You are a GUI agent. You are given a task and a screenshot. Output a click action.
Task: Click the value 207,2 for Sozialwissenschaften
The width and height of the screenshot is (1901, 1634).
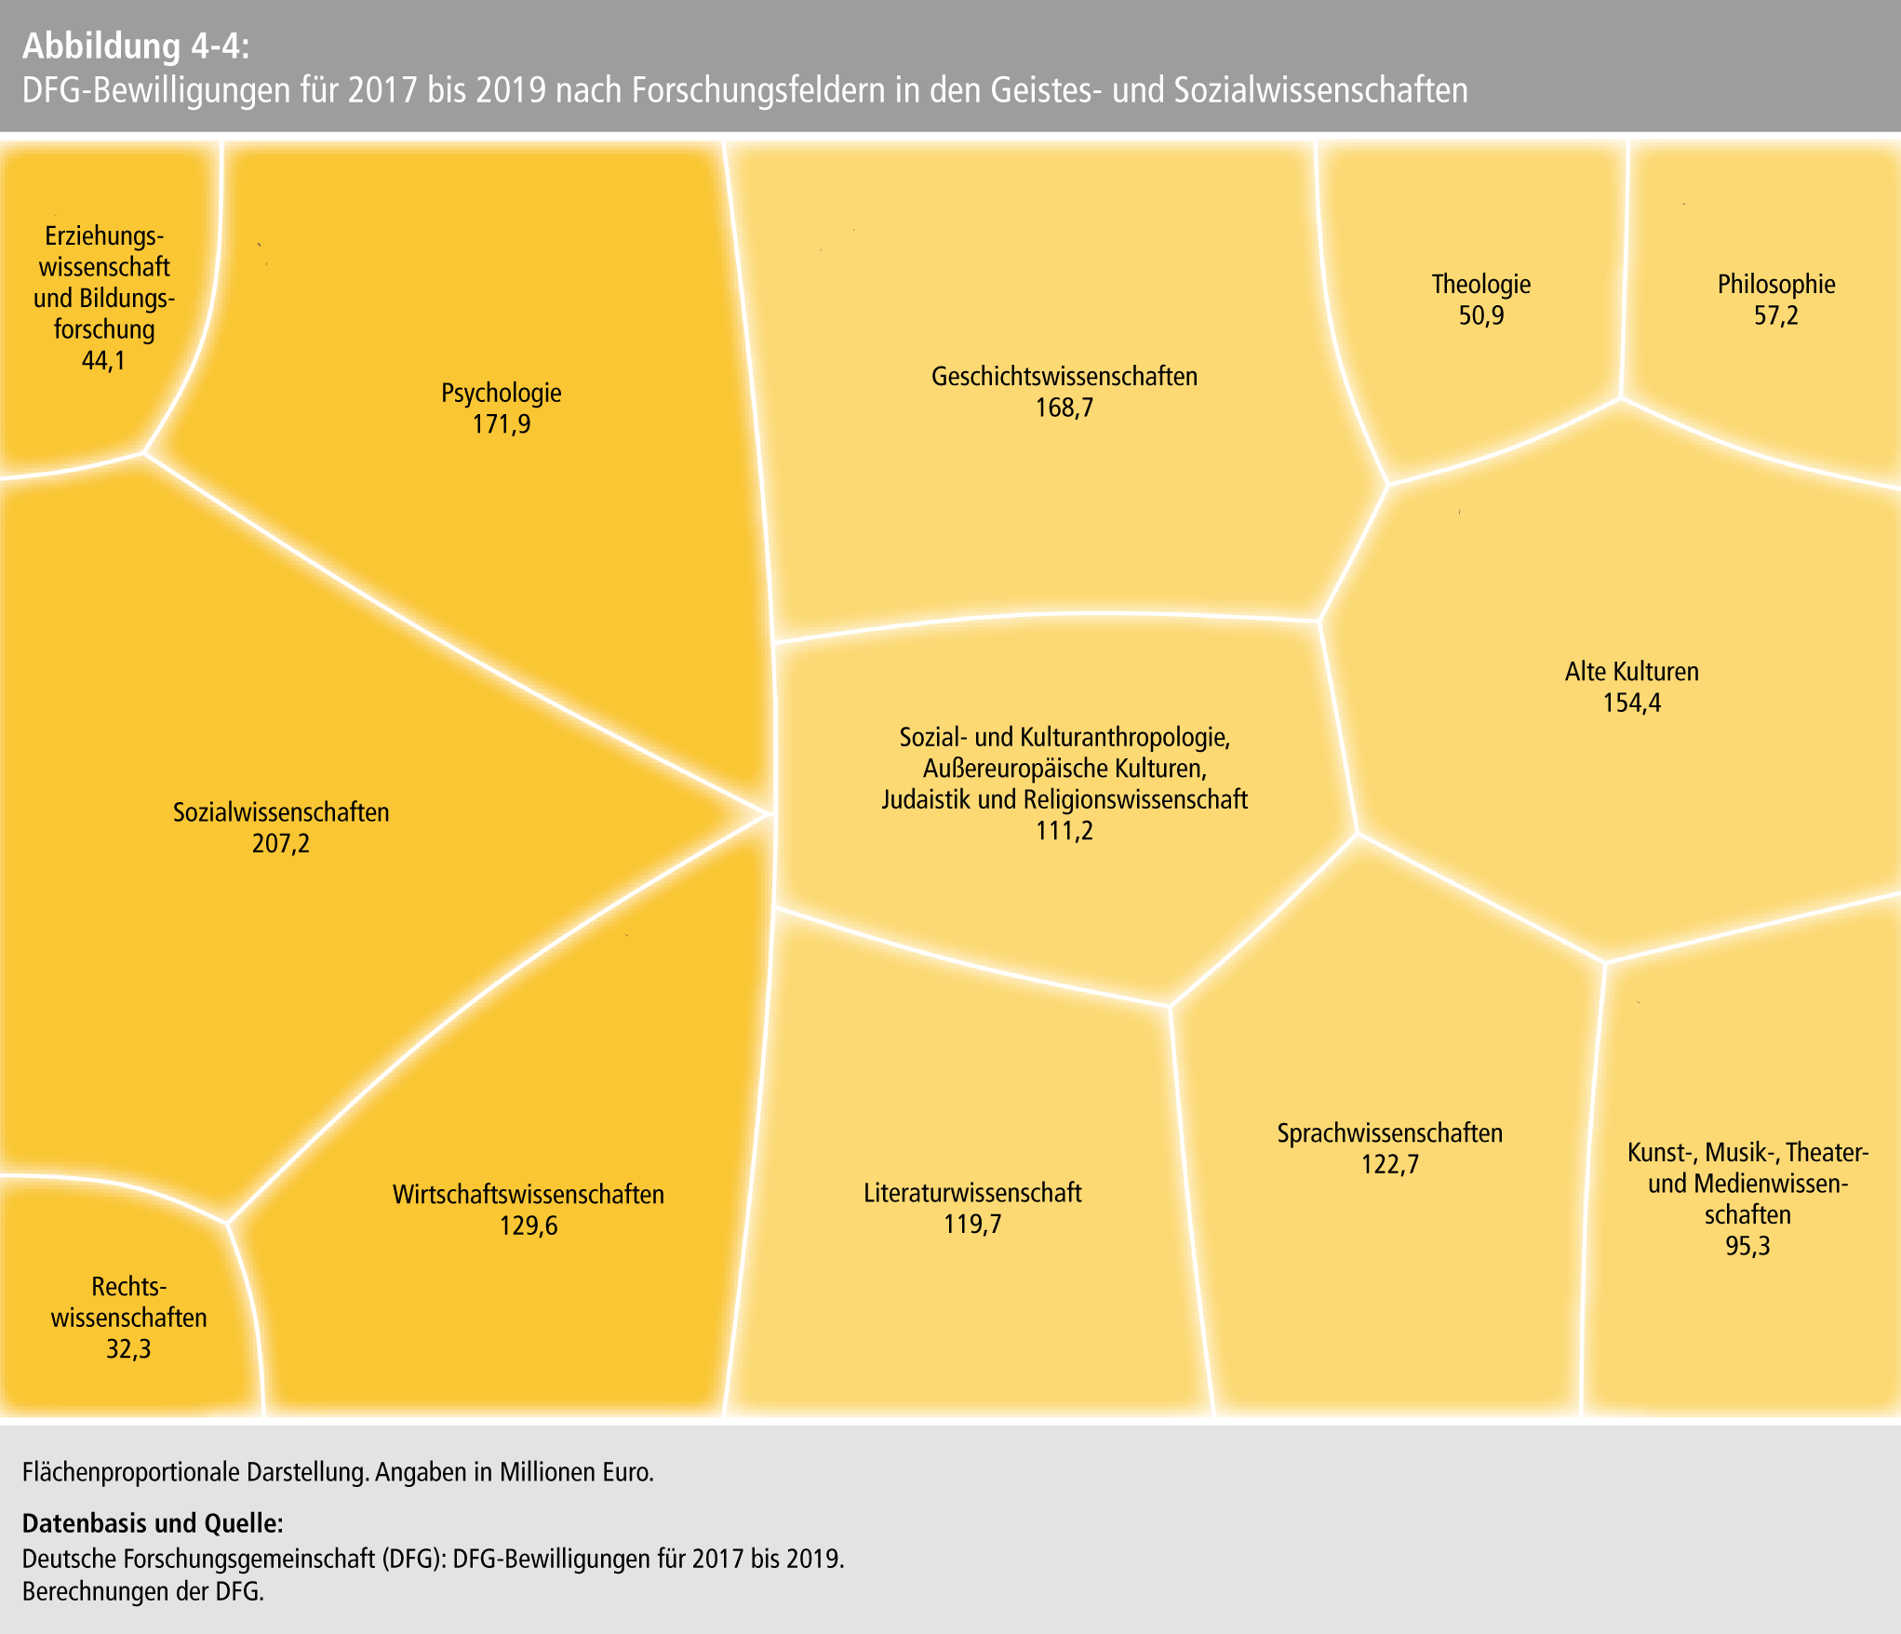[x=280, y=844]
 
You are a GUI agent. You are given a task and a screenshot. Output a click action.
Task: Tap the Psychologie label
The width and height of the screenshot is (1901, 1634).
[x=501, y=393]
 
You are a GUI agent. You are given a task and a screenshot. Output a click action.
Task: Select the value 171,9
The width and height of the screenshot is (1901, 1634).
[x=501, y=424]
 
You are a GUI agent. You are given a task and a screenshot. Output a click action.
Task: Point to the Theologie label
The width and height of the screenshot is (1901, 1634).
[x=1480, y=284]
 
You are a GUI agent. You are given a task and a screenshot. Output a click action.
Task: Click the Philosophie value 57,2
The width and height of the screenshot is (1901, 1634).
[x=1775, y=315]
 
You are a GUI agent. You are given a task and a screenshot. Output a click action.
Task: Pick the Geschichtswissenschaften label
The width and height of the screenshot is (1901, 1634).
[x=1064, y=377]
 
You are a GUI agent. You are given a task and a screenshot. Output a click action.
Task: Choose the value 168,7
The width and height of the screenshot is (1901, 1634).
[x=1064, y=408]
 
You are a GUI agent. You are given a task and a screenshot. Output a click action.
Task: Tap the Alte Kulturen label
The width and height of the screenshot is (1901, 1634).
[x=1631, y=671]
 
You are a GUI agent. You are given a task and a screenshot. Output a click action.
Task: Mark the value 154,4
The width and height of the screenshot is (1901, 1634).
[x=1631, y=703]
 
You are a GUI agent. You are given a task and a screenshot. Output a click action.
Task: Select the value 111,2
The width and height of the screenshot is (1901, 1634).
[x=1064, y=830]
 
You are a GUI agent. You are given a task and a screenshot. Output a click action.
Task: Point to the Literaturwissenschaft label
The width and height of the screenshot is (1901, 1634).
[x=972, y=1193]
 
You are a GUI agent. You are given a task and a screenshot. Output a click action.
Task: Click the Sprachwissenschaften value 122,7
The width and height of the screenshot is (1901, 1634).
[x=1389, y=1164]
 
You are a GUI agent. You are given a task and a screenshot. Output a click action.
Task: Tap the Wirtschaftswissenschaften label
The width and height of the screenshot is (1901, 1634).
[x=528, y=1195]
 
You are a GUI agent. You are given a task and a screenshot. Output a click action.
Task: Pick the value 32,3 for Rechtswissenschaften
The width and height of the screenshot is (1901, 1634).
[x=128, y=1348]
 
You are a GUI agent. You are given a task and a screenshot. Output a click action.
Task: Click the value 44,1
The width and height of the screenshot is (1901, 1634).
[x=103, y=360]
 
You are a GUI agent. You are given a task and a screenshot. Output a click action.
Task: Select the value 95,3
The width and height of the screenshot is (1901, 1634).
[x=1747, y=1245]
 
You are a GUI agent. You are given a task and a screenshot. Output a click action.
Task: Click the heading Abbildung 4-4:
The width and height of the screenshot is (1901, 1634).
[x=136, y=46]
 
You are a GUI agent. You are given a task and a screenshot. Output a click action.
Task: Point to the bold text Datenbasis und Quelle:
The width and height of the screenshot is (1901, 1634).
[x=153, y=1523]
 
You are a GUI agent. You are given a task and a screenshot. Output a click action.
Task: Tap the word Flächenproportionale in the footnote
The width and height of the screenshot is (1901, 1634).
[x=130, y=1472]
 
